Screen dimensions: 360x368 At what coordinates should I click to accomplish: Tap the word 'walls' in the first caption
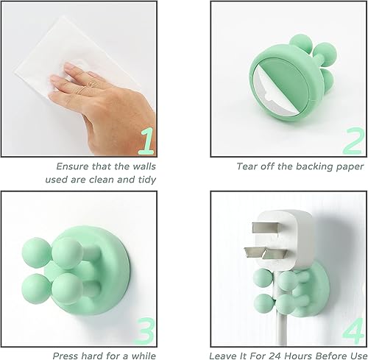(138, 166)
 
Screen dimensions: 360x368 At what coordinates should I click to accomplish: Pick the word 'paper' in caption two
(346, 166)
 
